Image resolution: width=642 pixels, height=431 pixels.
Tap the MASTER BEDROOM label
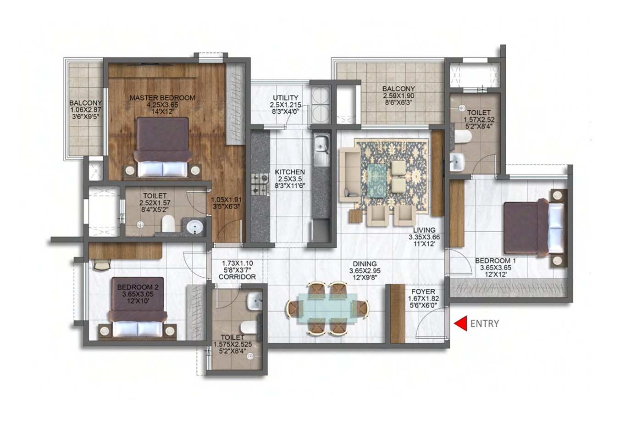pos(162,98)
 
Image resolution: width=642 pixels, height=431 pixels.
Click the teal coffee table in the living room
pos(377,181)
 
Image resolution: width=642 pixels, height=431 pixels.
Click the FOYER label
pos(423,292)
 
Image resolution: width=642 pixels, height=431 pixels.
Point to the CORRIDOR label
pos(237,277)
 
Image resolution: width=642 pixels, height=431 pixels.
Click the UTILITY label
pos(285,98)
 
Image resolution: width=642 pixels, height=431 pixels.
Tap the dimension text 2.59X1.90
pos(398,96)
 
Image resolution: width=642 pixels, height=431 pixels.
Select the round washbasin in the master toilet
pos(195,227)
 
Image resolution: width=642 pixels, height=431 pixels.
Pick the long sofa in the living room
pos(349,174)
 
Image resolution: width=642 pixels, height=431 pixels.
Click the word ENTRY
pos(485,324)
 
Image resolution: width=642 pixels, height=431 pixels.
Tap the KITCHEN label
pos(290,172)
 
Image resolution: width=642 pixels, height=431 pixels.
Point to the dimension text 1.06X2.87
pos(86,110)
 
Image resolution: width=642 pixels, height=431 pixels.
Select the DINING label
pos(365,264)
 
